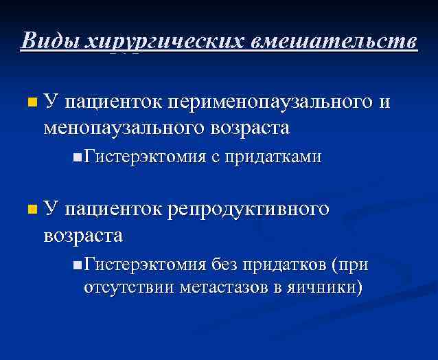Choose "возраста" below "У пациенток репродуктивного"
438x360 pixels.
(x=83, y=235)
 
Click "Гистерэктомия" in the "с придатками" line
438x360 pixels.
(x=145, y=157)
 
